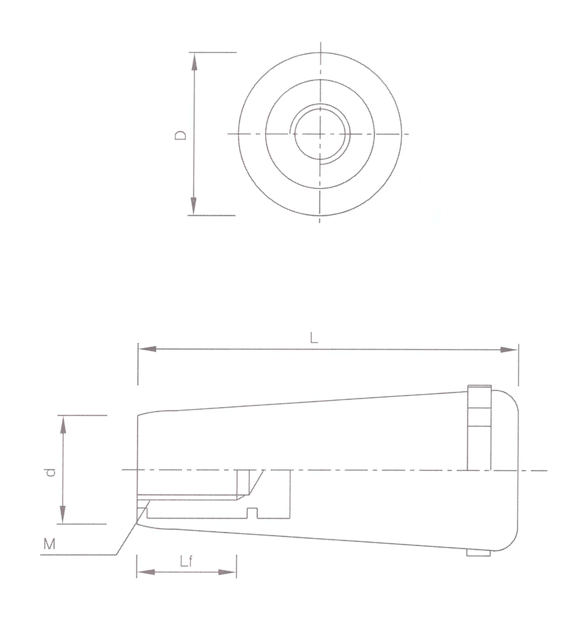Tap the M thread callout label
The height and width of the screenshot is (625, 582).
(49, 543)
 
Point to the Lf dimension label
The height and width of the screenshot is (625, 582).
(186, 561)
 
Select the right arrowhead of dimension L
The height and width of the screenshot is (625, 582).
(509, 350)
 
